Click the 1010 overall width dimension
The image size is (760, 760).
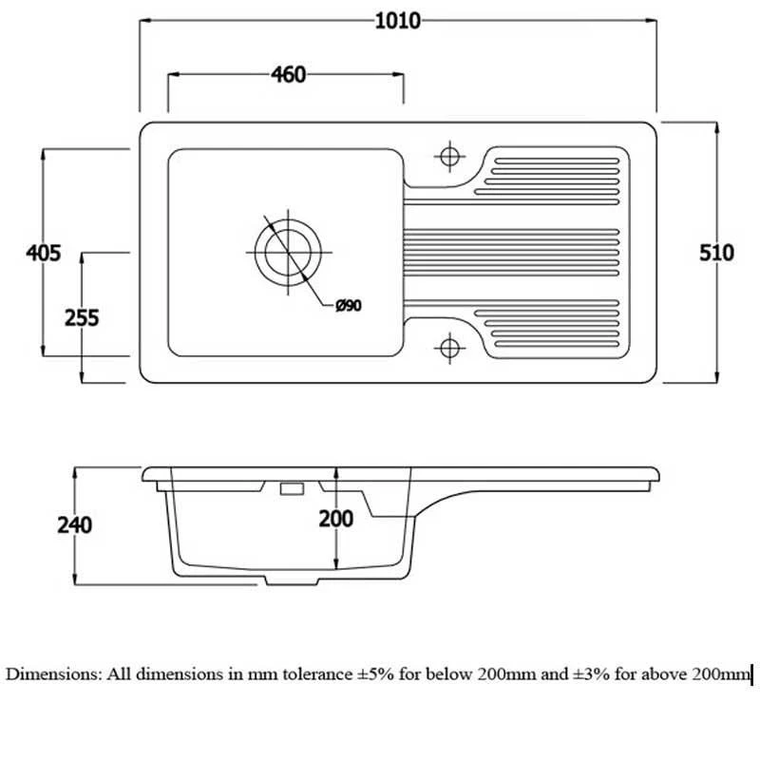[397, 21]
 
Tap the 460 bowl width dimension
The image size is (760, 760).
[289, 75]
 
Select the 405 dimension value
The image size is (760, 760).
[44, 253]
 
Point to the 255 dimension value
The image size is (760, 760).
[82, 317]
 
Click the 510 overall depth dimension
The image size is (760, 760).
[716, 253]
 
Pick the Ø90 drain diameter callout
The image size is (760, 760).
[349, 305]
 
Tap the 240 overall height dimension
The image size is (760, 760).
[75, 525]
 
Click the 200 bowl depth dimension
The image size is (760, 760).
[336, 519]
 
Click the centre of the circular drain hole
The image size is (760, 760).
[288, 252]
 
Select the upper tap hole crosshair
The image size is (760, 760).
[449, 157]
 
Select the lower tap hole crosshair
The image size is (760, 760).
[449, 348]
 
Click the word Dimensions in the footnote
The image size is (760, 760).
[51, 674]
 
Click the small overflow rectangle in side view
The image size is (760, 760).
[292, 488]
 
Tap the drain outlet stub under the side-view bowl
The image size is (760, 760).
[292, 580]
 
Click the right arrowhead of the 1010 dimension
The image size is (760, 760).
[651, 21]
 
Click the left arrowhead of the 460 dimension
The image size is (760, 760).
[174, 74]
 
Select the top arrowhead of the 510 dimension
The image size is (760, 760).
[716, 128]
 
